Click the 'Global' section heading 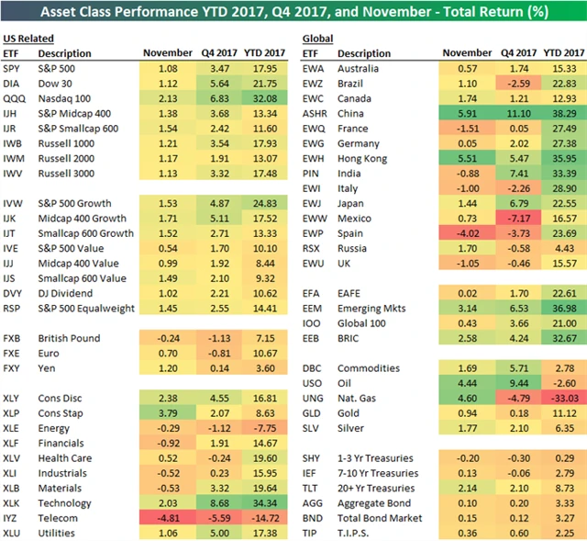tap(317, 39)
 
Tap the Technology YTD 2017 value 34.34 tap(267, 503)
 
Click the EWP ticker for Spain tap(314, 233)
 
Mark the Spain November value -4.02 tap(464, 233)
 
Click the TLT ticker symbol tap(312, 488)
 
